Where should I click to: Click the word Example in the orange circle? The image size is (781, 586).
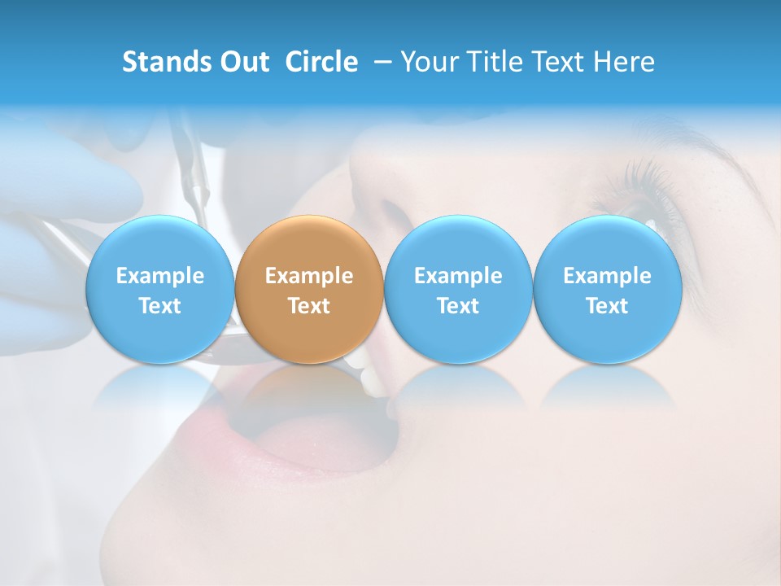309,276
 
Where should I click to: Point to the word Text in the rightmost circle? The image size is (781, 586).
607,306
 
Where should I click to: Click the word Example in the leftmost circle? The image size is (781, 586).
159,276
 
